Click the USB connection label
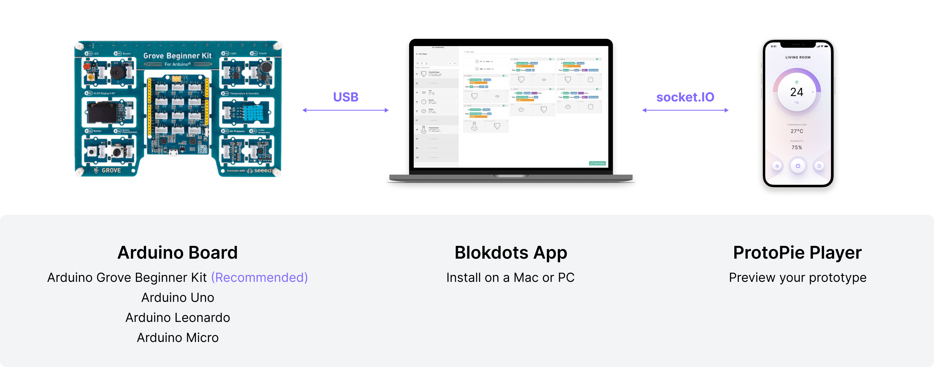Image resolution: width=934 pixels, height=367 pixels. [x=346, y=97]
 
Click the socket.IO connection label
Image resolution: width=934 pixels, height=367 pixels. [x=685, y=97]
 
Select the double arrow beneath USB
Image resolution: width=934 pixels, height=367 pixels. [x=346, y=110]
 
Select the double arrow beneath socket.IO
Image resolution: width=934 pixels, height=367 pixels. [x=685, y=110]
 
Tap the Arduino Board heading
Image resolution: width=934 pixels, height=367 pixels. [x=177, y=252]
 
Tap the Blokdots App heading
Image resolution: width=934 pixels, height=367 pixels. [x=511, y=252]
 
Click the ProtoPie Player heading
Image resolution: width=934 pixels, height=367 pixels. [x=797, y=252]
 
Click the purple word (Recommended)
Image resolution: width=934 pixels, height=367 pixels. [x=259, y=277]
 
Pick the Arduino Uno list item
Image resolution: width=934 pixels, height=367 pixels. [x=178, y=297]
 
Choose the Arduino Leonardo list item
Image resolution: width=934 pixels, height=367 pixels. [x=178, y=318]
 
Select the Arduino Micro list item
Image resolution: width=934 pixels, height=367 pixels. [x=178, y=338]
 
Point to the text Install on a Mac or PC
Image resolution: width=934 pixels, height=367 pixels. [x=510, y=277]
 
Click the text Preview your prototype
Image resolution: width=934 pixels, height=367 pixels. [x=797, y=277]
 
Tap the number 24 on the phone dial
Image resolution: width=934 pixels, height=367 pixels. [x=797, y=92]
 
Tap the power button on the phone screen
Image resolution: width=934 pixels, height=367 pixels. [x=798, y=166]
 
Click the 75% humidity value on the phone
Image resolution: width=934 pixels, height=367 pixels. [x=797, y=147]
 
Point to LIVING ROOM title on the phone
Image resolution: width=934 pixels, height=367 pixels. [x=798, y=57]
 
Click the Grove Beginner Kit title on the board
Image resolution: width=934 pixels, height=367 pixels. [x=177, y=56]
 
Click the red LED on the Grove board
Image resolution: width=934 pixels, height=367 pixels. [x=87, y=67]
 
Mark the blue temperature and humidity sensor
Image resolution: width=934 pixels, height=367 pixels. [x=257, y=113]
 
